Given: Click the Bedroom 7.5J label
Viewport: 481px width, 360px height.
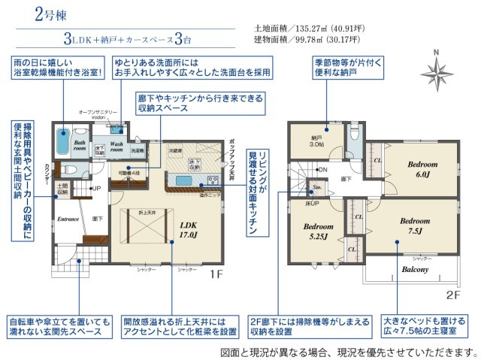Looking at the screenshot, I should pyautogui.click(x=415, y=225).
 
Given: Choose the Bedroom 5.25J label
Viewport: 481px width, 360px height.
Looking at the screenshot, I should pyautogui.click(x=319, y=230).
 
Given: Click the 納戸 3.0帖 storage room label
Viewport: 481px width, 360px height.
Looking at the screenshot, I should pyautogui.click(x=317, y=142).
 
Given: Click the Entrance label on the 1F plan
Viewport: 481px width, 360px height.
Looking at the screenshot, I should pyautogui.click(x=69, y=219).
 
